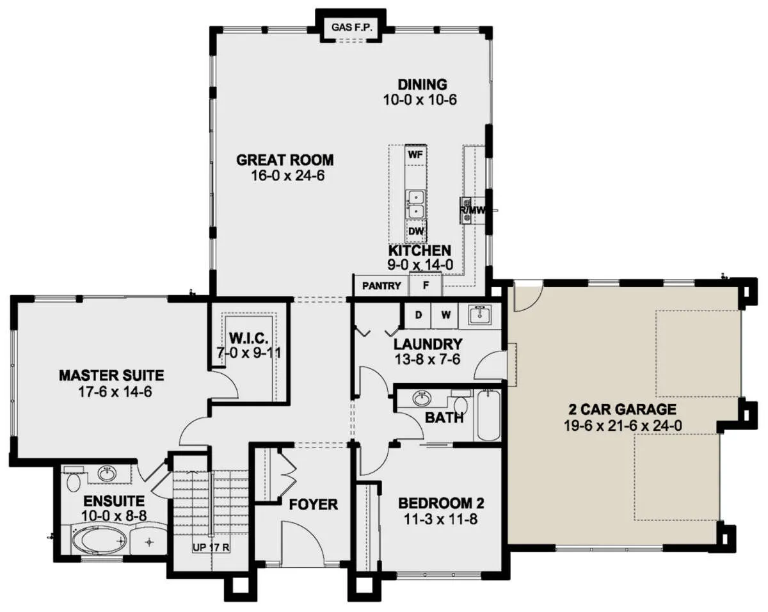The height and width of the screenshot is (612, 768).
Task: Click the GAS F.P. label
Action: click(x=351, y=27)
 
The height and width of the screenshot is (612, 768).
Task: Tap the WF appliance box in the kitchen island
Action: click(x=416, y=155)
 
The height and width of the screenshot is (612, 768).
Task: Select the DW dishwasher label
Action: click(x=416, y=231)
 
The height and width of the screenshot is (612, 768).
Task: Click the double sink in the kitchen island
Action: click(x=416, y=204)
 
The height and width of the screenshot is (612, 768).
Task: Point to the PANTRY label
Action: click(x=381, y=286)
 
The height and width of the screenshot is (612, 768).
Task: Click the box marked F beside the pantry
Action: click(x=426, y=285)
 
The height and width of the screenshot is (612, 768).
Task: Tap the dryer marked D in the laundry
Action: click(x=419, y=315)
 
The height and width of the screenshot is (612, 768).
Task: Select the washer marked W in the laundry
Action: click(x=445, y=315)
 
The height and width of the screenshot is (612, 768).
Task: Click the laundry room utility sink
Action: click(x=480, y=315)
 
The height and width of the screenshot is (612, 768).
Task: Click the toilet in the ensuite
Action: click(x=74, y=480)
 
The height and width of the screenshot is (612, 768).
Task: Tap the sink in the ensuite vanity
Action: click(x=107, y=474)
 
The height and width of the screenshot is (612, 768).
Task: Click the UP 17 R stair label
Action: click(x=211, y=547)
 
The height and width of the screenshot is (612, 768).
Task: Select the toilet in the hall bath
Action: click(x=461, y=403)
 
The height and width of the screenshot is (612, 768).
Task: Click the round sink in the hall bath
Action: click(x=422, y=398)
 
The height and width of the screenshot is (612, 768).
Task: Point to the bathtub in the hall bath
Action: click(x=488, y=415)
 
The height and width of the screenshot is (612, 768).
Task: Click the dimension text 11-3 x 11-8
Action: click(x=440, y=519)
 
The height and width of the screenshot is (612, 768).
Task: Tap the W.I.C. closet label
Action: click(x=248, y=338)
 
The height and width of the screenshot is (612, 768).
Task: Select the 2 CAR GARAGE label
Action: click(x=622, y=409)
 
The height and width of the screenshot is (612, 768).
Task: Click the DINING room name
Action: click(x=422, y=85)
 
